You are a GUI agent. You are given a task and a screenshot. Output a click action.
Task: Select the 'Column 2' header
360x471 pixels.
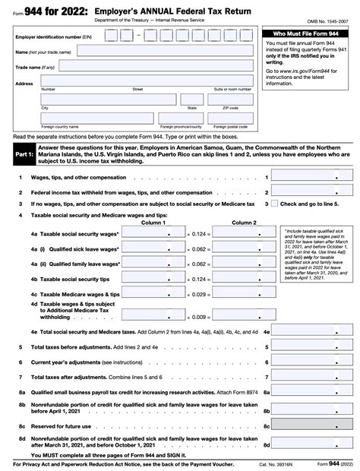click(x=243, y=223)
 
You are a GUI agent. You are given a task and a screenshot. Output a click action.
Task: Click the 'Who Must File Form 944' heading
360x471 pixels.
click(x=305, y=35)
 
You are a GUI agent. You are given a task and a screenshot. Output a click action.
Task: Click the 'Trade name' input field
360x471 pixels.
click(x=146, y=67)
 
